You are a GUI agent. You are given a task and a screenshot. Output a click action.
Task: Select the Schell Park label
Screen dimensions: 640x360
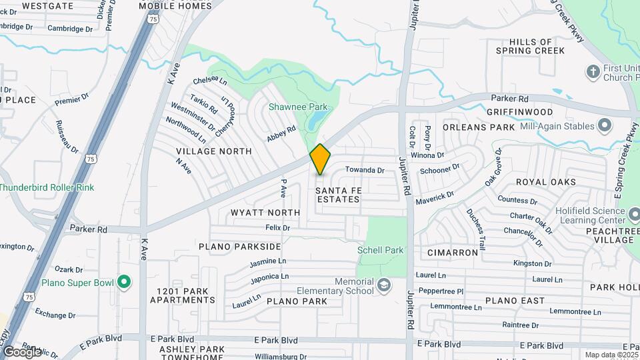(381, 250)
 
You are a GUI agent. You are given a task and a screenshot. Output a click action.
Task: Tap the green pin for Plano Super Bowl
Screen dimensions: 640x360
(123, 282)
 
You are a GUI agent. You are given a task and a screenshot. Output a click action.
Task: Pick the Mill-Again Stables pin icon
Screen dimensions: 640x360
(605, 125)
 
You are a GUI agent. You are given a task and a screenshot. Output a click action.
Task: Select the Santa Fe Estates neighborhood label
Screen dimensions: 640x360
(338, 195)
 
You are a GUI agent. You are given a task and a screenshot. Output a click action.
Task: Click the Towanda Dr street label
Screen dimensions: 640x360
(365, 170)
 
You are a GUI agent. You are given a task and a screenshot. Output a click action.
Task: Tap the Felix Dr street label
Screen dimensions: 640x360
(277, 227)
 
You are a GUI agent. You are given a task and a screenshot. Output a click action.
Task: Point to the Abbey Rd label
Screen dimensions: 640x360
(281, 133)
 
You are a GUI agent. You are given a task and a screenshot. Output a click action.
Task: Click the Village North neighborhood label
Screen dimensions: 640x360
(214, 151)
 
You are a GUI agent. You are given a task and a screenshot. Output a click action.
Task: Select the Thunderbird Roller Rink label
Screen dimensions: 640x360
(47, 187)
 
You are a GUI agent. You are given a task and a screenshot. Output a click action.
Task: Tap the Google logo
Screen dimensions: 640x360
(21, 351)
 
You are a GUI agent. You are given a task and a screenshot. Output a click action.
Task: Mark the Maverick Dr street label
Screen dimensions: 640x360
(434, 197)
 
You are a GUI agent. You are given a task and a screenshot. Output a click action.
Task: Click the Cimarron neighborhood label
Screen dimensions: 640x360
(453, 253)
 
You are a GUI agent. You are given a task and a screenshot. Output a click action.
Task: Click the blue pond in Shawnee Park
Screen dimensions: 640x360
(316, 121)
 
